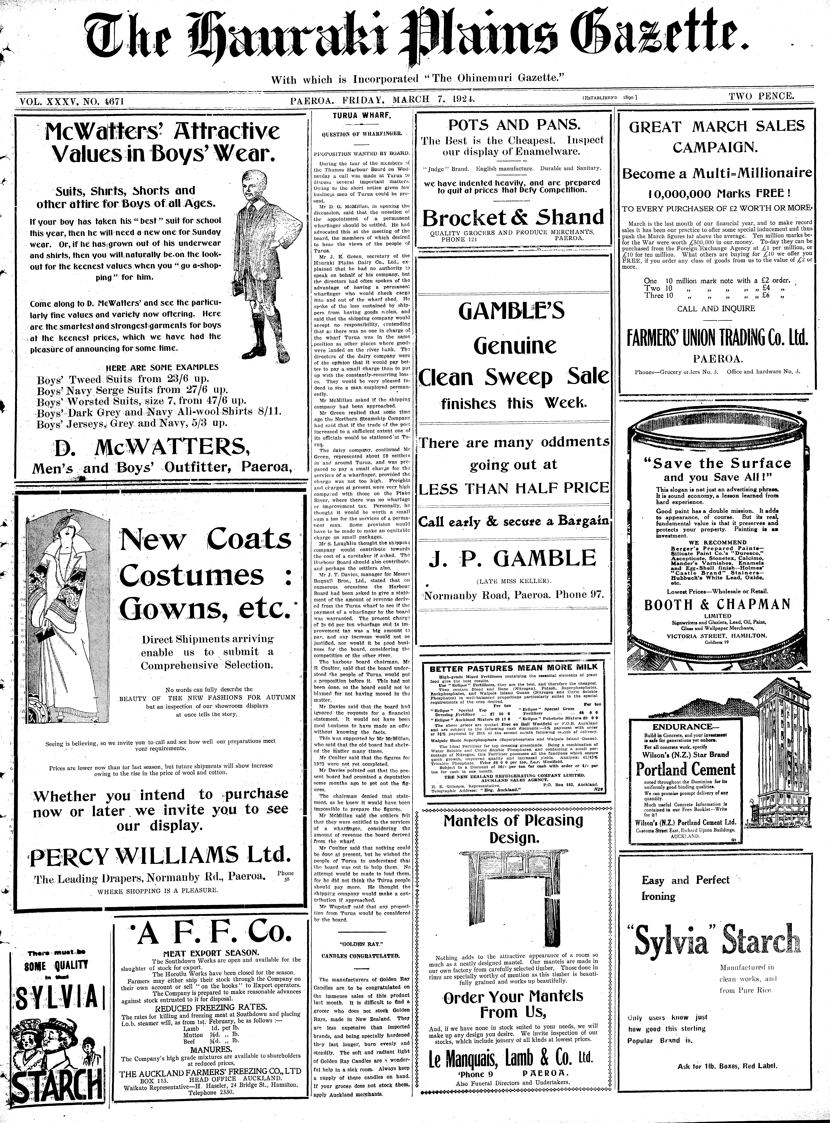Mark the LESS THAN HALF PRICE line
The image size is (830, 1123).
[x=513, y=488]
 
